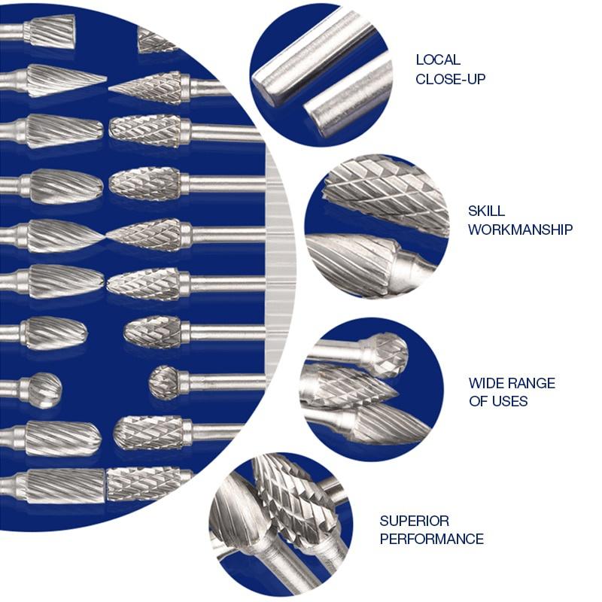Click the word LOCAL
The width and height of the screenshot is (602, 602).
pos(438,60)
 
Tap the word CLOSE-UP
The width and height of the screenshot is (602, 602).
pos(450,78)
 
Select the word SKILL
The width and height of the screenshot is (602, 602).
pos(487,211)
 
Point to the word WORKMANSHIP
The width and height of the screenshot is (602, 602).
pos(520,230)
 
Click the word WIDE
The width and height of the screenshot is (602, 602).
pos(486,383)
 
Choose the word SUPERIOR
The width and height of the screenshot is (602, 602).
pos(414,521)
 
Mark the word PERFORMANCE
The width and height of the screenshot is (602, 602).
pos(431,539)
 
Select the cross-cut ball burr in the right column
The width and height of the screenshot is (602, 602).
pos(164,382)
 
